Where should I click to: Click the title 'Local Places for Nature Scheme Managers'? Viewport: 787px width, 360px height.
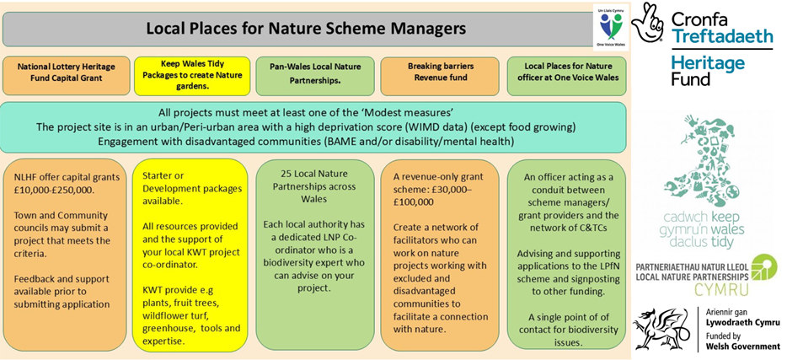click(306, 29)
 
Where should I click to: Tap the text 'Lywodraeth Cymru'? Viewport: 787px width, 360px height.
click(742, 323)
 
